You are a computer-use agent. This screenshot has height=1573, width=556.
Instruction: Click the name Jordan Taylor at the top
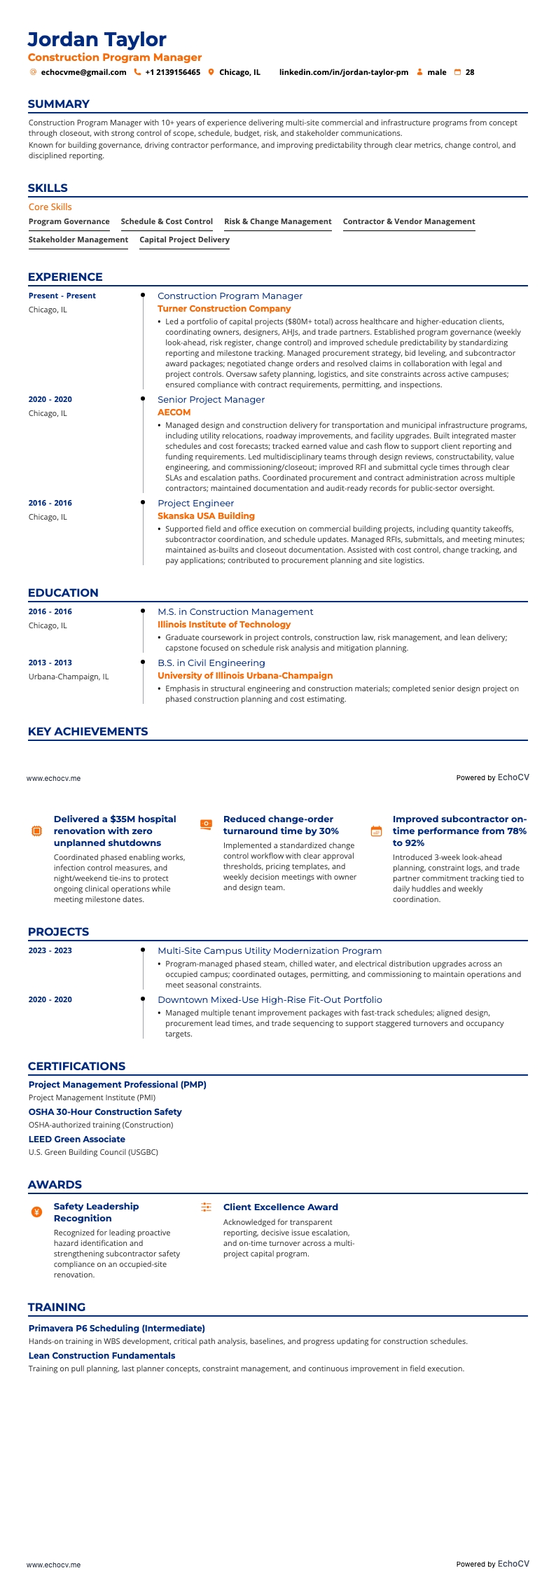pyautogui.click(x=97, y=39)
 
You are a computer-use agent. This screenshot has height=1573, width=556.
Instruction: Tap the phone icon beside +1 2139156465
pyautogui.click(x=137, y=72)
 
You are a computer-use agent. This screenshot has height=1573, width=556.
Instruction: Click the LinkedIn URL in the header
pyautogui.click(x=343, y=72)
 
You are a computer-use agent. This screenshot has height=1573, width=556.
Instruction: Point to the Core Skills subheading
pyautogui.click(x=50, y=207)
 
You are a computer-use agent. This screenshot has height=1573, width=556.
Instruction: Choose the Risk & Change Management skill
pyautogui.click(x=277, y=221)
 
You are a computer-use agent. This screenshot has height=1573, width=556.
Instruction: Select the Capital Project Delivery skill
pyautogui.click(x=184, y=240)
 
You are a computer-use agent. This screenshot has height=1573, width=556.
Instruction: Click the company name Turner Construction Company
pyautogui.click(x=223, y=308)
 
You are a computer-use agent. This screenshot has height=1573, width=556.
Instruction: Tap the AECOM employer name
pyautogui.click(x=174, y=412)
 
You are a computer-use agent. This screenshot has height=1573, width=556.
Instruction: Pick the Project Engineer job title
pyautogui.click(x=195, y=503)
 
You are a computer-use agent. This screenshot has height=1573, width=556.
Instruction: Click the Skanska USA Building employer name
pyautogui.click(x=206, y=515)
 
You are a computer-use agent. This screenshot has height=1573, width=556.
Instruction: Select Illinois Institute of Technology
pyautogui.click(x=223, y=624)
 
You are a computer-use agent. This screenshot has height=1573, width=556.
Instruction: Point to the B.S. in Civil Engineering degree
pyautogui.click(x=211, y=663)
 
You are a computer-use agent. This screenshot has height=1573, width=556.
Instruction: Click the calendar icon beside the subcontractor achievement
pyautogui.click(x=376, y=831)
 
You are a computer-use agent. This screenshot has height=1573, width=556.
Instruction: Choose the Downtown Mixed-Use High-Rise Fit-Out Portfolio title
pyautogui.click(x=270, y=999)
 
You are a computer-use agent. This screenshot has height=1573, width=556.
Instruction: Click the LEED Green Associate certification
pyautogui.click(x=76, y=1139)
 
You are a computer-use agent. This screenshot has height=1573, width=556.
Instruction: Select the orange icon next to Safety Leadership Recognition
pyautogui.click(x=37, y=1212)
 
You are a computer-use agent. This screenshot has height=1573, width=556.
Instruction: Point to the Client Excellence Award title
pyautogui.click(x=280, y=1207)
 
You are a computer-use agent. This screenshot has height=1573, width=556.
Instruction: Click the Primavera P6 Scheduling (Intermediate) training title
pyautogui.click(x=116, y=1328)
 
